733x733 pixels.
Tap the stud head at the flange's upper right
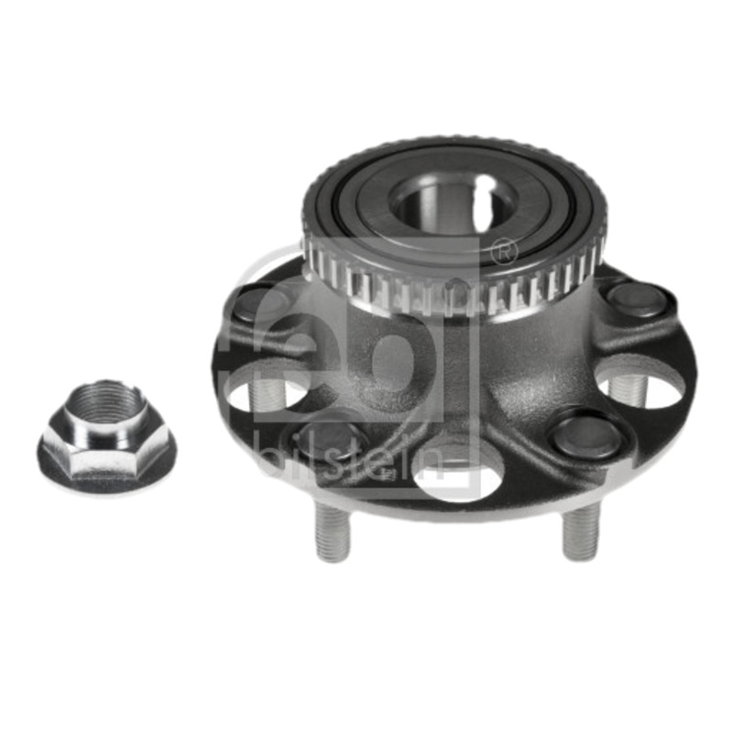(x=637, y=299)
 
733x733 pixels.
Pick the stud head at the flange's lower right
(x=587, y=434)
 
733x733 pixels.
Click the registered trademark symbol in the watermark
(x=503, y=250)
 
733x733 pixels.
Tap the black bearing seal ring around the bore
(x=366, y=198)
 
